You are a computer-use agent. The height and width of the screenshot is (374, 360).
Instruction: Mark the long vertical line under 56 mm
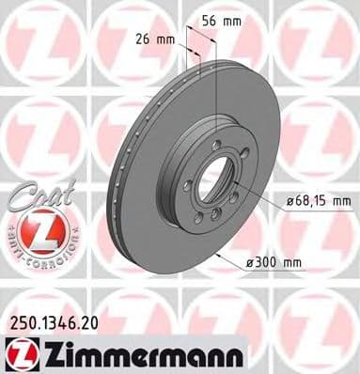click(x=217, y=89)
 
